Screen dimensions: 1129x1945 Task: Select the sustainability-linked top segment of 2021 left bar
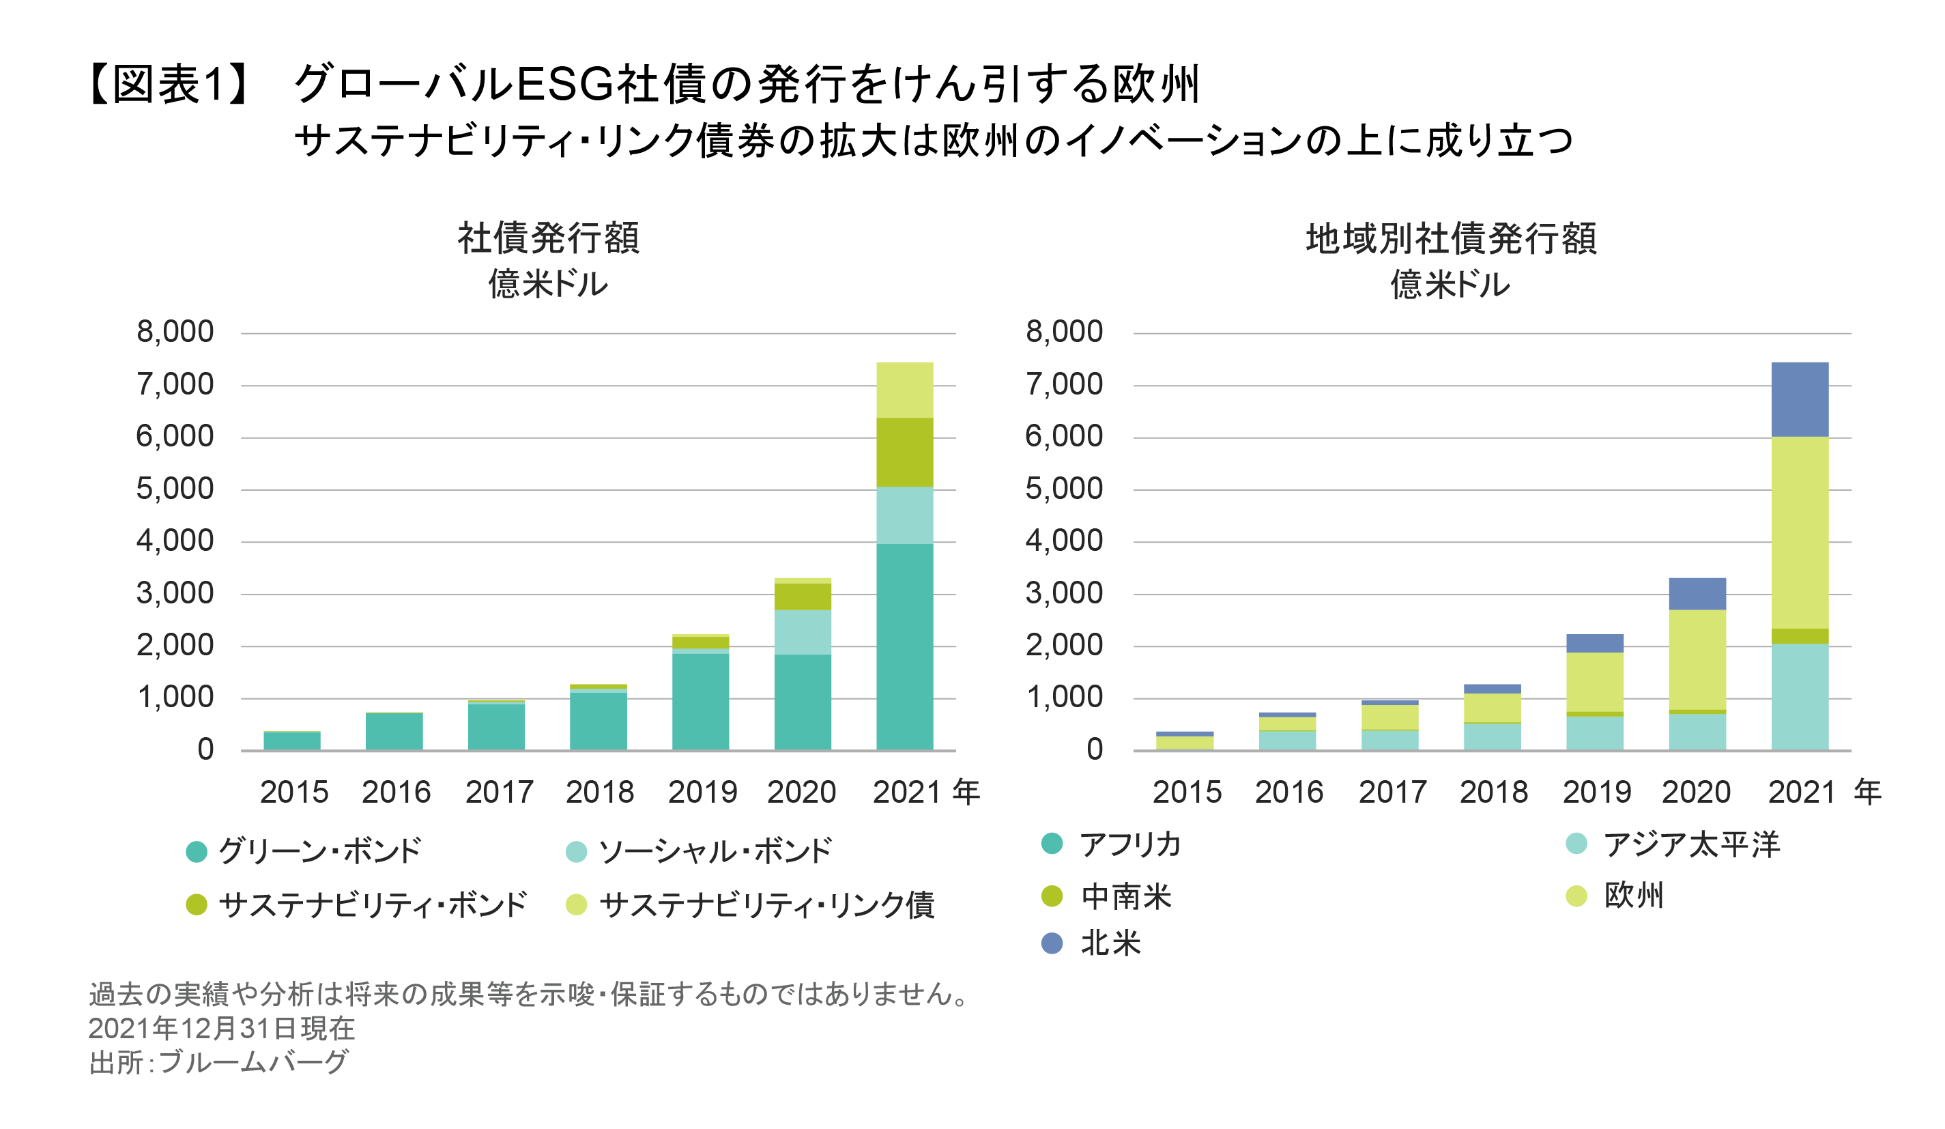(904, 390)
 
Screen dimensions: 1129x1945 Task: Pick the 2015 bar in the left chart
(292, 741)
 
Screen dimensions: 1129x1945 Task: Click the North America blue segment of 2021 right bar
(1799, 399)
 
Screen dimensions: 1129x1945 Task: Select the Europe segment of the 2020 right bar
(1697, 659)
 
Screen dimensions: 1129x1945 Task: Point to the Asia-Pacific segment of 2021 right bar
(1799, 696)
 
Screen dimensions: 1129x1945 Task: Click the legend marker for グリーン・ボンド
(197, 852)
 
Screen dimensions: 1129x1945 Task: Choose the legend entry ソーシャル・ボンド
(715, 851)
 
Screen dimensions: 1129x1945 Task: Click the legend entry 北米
(1110, 943)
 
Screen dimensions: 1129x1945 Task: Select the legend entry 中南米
(1125, 896)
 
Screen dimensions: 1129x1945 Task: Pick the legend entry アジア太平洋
(1691, 844)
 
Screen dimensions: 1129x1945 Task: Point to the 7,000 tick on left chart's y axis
(175, 384)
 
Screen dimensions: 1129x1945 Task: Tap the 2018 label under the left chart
(600, 792)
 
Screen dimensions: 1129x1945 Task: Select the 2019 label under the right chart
(1597, 792)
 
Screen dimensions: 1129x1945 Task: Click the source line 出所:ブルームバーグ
(219, 1063)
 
